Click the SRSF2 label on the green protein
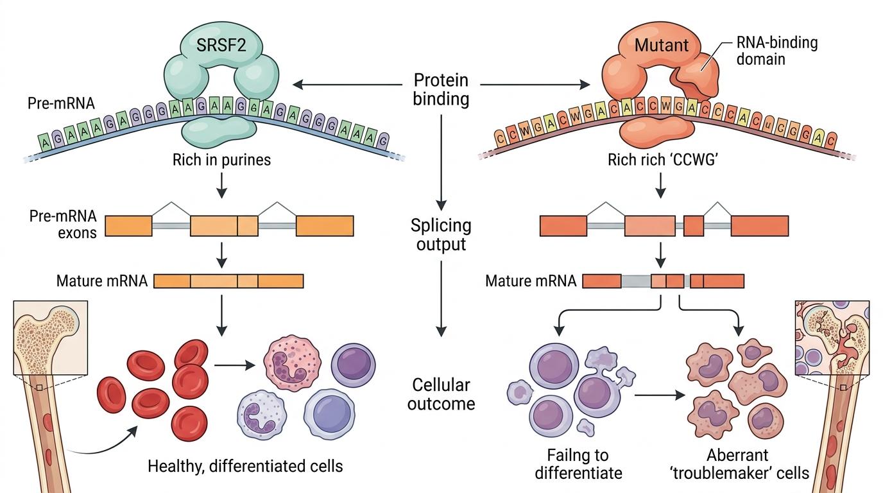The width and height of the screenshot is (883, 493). coord(221,45)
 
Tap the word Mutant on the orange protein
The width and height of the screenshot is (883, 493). coord(662,46)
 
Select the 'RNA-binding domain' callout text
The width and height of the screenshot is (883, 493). coord(777,51)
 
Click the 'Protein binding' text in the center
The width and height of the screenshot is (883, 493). coord(441,89)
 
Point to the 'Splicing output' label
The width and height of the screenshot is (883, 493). coord(441,235)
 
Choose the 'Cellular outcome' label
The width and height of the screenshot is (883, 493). coord(441,394)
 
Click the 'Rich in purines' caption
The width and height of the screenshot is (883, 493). coord(221,160)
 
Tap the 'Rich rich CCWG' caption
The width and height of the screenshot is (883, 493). coord(663,160)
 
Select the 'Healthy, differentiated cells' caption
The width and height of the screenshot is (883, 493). coord(245,466)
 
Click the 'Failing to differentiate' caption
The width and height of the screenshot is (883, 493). coord(578,464)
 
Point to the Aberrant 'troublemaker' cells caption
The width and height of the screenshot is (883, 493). coord(739,464)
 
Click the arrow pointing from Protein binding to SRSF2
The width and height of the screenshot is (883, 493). coord(347,84)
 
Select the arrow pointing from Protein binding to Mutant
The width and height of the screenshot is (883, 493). coord(535,84)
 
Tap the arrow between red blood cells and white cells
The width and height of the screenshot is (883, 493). coord(235,365)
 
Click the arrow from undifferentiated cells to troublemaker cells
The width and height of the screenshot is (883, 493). coord(660,395)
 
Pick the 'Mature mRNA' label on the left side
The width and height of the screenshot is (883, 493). coord(101,281)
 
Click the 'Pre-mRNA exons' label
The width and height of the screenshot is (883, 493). coord(63,225)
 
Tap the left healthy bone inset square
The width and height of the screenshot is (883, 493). coord(51,338)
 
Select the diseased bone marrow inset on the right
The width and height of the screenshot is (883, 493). coord(832,338)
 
